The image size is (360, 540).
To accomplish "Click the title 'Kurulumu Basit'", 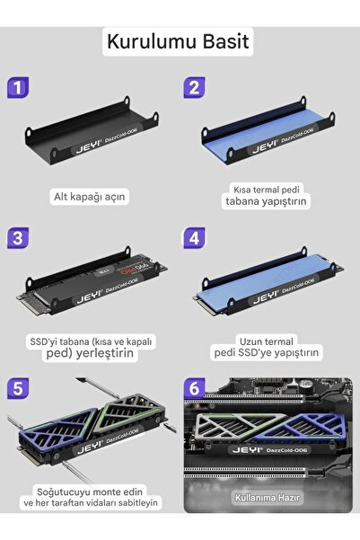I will (x=180, y=41).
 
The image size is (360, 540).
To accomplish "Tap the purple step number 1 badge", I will (x=16, y=87).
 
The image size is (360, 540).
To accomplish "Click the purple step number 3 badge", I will (x=16, y=238).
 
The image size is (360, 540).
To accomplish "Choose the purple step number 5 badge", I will (x=16, y=389).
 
